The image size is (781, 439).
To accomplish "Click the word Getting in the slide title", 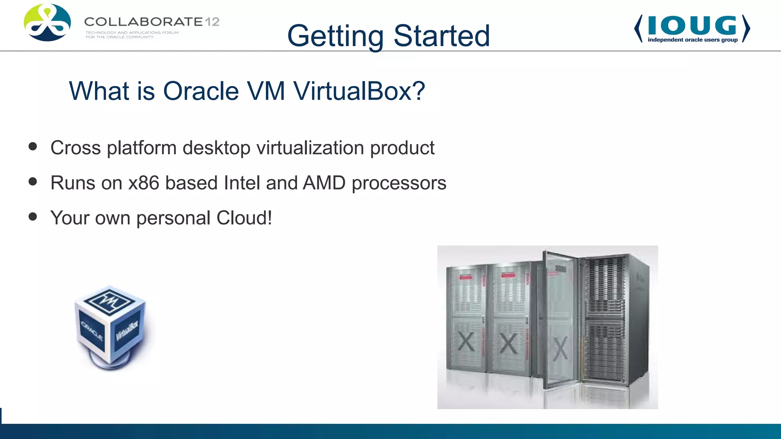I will tap(335, 36).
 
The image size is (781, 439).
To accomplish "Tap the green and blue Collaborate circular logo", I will tap(47, 22).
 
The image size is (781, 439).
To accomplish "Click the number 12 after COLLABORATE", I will tap(212, 22).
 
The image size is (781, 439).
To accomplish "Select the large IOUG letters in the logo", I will tap(692, 26).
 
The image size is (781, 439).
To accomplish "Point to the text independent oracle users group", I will tap(693, 40).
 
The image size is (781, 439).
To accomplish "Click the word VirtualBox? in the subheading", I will tap(359, 91).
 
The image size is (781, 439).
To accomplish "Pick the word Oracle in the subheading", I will tap(201, 91).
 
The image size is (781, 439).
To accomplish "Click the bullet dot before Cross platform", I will tap(33, 147).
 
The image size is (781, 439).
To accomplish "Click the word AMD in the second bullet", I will tap(324, 183).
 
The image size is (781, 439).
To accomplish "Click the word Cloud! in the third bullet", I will tap(244, 218).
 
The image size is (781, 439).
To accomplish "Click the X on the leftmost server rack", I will tap(466, 341).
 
